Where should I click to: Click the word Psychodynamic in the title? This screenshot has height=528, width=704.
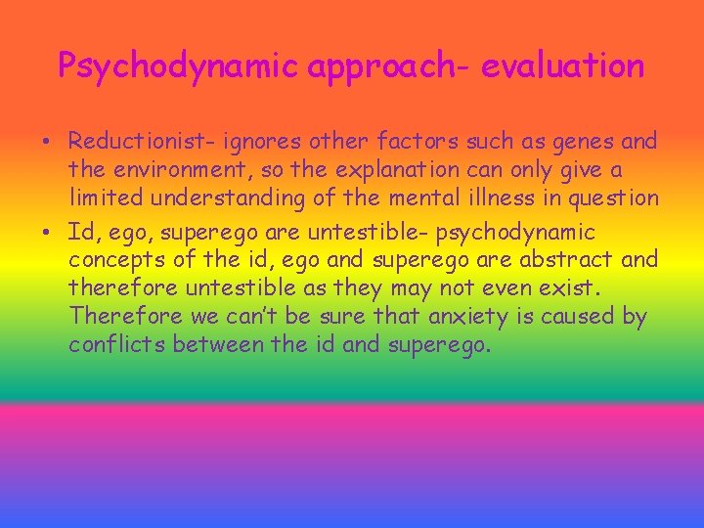[177, 66]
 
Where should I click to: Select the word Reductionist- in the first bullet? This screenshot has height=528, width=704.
[143, 142]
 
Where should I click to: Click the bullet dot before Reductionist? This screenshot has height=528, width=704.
[47, 143]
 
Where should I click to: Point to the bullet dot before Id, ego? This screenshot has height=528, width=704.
[47, 233]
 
